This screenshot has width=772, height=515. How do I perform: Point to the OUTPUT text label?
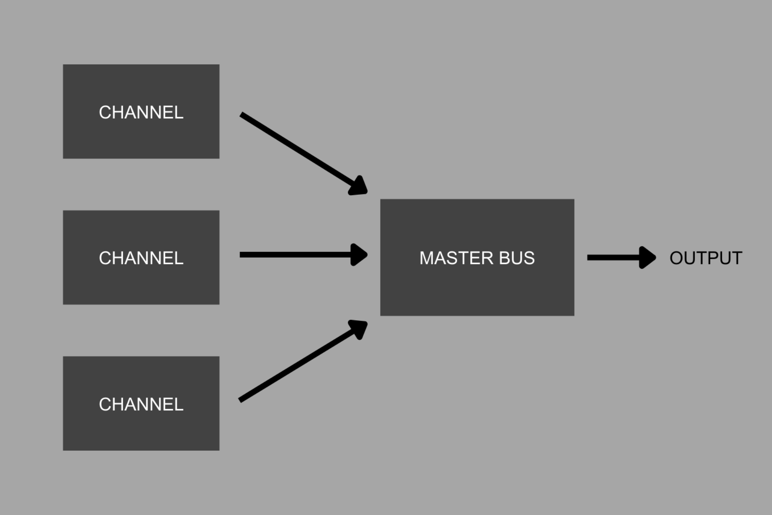706,258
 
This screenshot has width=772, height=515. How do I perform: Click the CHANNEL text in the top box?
141,112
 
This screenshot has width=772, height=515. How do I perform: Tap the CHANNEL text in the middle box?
141,258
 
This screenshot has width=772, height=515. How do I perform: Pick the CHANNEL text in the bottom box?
141,404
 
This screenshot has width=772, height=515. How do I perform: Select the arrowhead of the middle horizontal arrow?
359,255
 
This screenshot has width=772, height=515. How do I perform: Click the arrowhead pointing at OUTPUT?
647,257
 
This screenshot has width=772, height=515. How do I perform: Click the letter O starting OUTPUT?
677,258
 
